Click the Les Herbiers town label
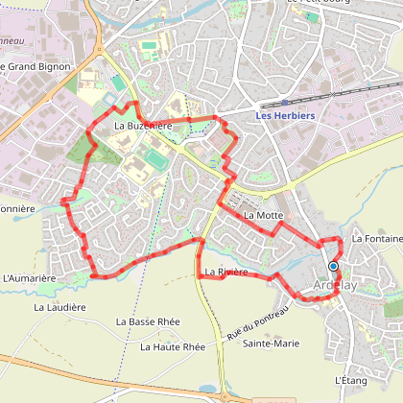pyautogui.click(x=286, y=116)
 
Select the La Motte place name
pyautogui.click(x=263, y=216)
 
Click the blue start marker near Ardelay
pyautogui.click(x=334, y=266)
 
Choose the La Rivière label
pyautogui.click(x=226, y=273)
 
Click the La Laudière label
pyautogui.click(x=60, y=307)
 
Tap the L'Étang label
pyautogui.click(x=352, y=380)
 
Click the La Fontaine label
pyautogui.click(x=376, y=238)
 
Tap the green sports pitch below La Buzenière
pyautogui.click(x=155, y=157)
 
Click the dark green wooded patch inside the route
pyautogui.click(x=106, y=152)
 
